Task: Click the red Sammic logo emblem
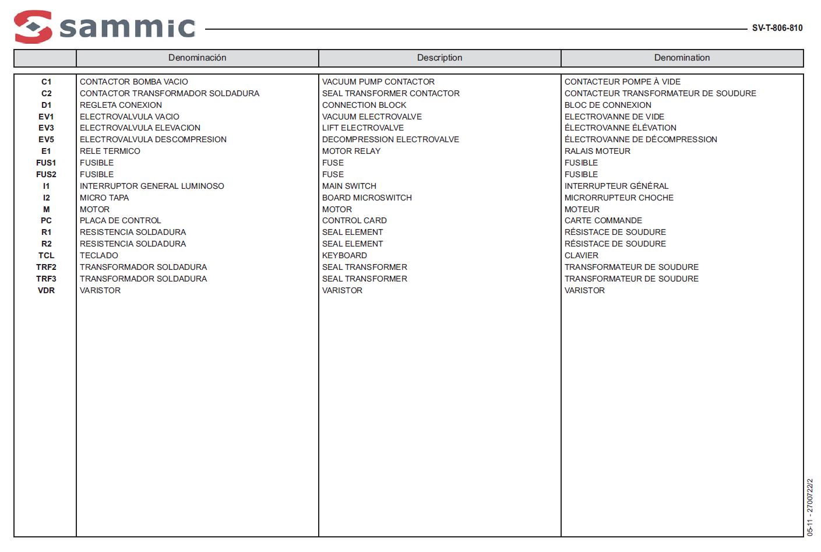pyautogui.click(x=33, y=27)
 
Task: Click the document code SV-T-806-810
pyautogui.click(x=777, y=28)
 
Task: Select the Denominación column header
pyautogui.click(x=197, y=58)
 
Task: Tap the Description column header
pyautogui.click(x=439, y=58)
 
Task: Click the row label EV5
pyautogui.click(x=46, y=140)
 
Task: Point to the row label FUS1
pyautogui.click(x=46, y=163)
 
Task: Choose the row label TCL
pyautogui.click(x=46, y=256)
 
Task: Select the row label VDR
pyautogui.click(x=46, y=291)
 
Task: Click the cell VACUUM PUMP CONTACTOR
pyautogui.click(x=378, y=82)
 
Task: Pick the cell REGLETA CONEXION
pyautogui.click(x=121, y=106)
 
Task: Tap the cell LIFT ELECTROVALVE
pyautogui.click(x=362, y=128)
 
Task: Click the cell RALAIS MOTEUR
pyautogui.click(x=597, y=152)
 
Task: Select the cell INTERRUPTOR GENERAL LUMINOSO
pyautogui.click(x=151, y=187)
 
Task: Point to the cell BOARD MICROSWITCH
pyautogui.click(x=367, y=198)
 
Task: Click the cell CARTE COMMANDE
pyautogui.click(x=603, y=221)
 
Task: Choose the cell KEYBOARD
pyautogui.click(x=344, y=256)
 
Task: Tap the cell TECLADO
pyautogui.click(x=98, y=256)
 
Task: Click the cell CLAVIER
pyautogui.click(x=581, y=256)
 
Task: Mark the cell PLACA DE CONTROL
pyautogui.click(x=120, y=221)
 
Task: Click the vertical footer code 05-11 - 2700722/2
pyautogui.click(x=809, y=507)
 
